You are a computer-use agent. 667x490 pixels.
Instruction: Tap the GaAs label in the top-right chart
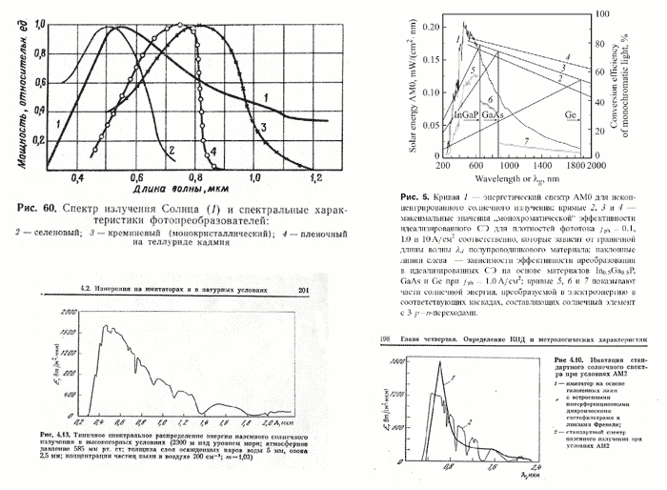(x=493, y=114)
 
